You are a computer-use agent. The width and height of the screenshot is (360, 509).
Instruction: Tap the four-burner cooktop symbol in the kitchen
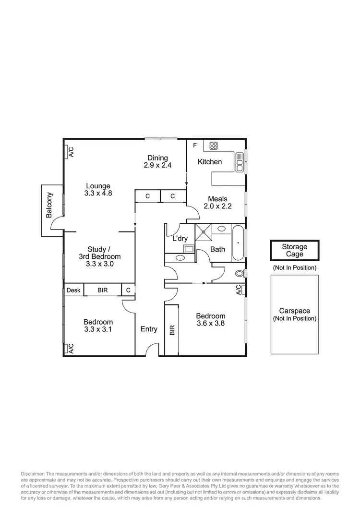[214, 145]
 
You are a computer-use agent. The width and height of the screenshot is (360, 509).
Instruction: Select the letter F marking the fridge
[194, 145]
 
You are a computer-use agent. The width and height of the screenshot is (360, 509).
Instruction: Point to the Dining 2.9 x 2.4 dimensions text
[157, 165]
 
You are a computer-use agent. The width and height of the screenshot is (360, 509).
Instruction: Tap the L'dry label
[180, 239]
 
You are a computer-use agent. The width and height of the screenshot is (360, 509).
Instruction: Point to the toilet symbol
[240, 274]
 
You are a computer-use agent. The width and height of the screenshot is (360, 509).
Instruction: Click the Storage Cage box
[294, 251]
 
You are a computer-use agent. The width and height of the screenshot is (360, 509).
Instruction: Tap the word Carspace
[294, 311]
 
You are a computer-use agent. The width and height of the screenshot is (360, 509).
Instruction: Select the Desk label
[73, 290]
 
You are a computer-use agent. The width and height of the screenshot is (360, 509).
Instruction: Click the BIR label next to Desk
[103, 290]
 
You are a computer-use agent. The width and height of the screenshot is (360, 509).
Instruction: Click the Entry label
[149, 329]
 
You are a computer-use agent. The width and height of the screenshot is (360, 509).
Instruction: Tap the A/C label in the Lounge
[70, 152]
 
